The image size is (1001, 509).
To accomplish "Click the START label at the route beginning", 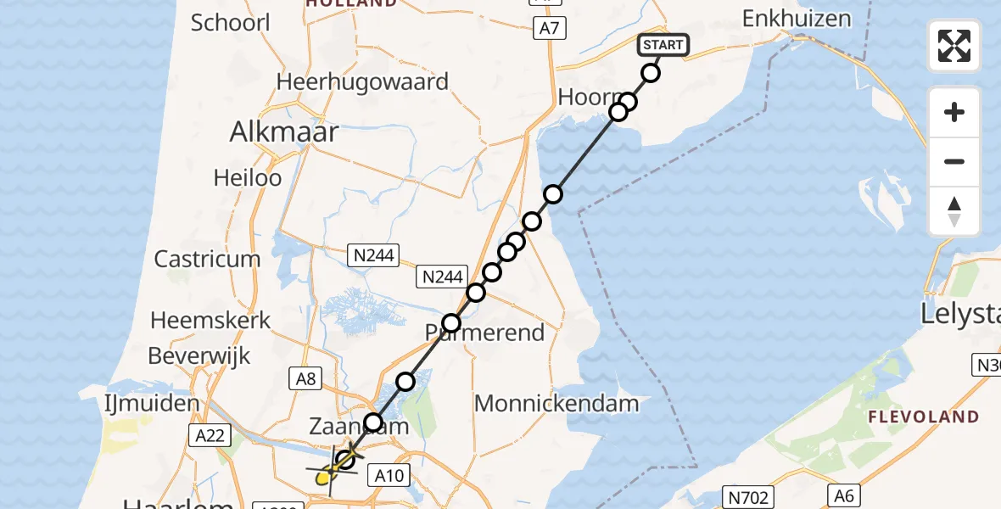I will (663, 45).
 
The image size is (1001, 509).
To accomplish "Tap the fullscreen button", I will (954, 46).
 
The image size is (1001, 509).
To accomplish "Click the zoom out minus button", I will (954, 161).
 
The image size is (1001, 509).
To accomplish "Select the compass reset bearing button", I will (954, 211).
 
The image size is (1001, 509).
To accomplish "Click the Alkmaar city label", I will (284, 132).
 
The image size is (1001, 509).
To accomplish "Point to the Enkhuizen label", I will (796, 19).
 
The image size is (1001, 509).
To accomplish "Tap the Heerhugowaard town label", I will (362, 82).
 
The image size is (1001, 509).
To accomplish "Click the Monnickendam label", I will (556, 403).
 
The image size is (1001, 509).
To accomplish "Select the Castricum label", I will (207, 259).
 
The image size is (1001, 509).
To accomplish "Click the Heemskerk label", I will (210, 321).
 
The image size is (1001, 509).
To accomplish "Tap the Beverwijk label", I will (199, 355).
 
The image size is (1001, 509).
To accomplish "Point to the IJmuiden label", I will (153, 403).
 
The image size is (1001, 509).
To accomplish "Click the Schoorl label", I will (230, 22).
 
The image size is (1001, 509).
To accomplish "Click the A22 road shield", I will (209, 435).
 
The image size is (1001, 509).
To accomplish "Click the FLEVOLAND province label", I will (923, 417).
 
